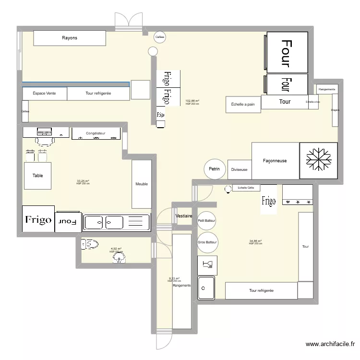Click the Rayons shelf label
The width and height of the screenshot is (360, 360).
[69, 38]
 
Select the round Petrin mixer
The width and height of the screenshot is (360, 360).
[215, 169]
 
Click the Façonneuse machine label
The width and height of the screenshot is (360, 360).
[275, 161]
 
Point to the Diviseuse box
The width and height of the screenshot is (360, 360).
[239, 169]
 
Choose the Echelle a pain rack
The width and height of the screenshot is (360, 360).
[243, 104]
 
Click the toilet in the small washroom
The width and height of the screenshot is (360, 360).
[90, 244]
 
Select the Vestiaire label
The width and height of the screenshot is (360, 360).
[184, 216]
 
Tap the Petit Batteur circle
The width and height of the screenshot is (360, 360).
[207, 220]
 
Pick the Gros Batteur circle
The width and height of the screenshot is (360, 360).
[207, 242]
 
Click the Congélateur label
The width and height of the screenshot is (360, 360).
[96, 133]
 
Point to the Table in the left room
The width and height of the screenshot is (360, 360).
[37, 176]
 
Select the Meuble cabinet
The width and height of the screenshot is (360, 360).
[142, 184]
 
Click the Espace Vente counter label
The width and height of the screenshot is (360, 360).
[44, 94]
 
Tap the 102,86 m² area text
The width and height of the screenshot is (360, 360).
[192, 101]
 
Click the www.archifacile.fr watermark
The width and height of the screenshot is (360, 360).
[331, 344]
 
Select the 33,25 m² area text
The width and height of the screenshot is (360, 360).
[83, 181]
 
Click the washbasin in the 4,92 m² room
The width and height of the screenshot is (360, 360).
[119, 259]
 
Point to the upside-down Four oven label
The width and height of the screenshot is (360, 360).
[68, 222]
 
